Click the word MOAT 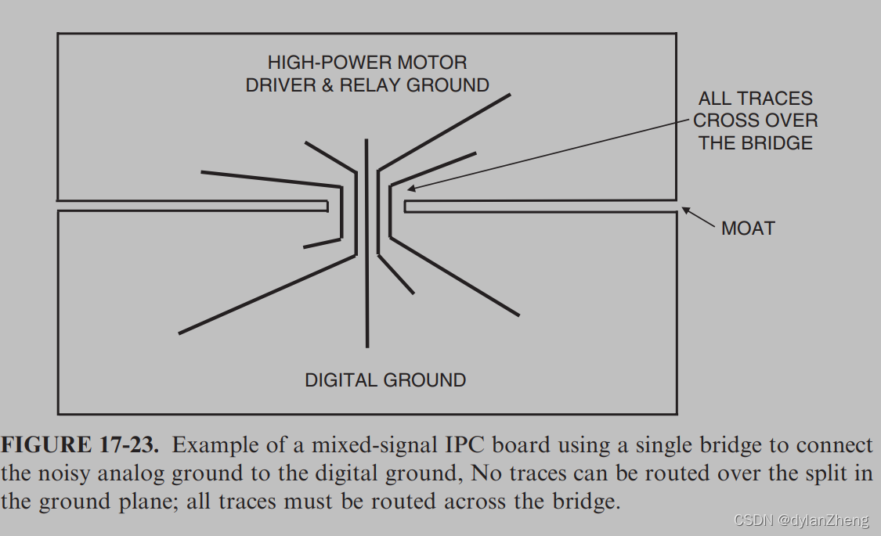748,228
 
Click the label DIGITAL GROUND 385,380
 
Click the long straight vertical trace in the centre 366,243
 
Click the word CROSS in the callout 725,121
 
